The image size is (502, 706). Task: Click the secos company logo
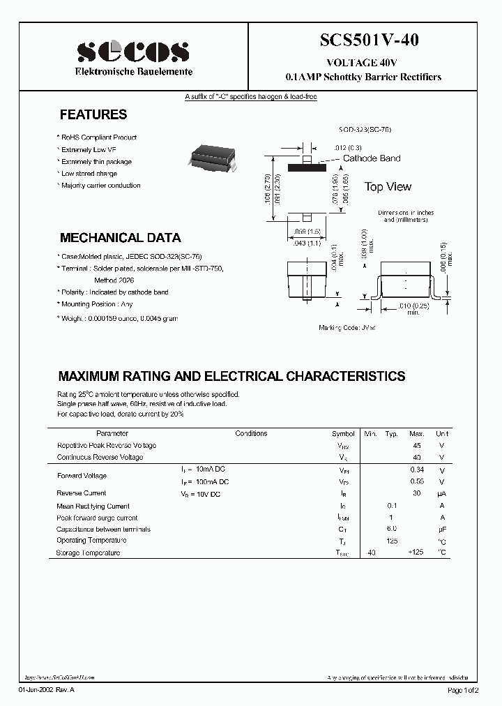(x=132, y=51)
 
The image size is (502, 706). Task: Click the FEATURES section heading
(x=93, y=115)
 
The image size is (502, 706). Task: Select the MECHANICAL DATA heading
(x=120, y=238)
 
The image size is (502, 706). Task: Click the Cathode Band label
(x=371, y=158)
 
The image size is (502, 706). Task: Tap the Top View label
(x=388, y=187)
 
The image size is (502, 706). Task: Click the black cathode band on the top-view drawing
(x=306, y=167)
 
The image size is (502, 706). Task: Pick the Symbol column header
(x=343, y=433)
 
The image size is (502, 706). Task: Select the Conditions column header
(x=251, y=433)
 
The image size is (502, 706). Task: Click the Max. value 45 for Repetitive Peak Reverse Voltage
(x=417, y=445)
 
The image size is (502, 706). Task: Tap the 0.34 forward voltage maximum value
(x=417, y=470)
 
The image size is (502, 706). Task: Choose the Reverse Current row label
(x=80, y=493)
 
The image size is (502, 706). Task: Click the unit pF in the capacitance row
(x=441, y=529)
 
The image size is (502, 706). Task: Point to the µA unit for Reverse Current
(x=441, y=493)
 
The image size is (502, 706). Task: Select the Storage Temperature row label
(x=88, y=553)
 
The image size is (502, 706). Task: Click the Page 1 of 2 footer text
(x=464, y=690)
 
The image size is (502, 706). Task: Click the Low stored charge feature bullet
(x=89, y=174)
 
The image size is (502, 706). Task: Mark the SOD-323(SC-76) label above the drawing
(x=365, y=130)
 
